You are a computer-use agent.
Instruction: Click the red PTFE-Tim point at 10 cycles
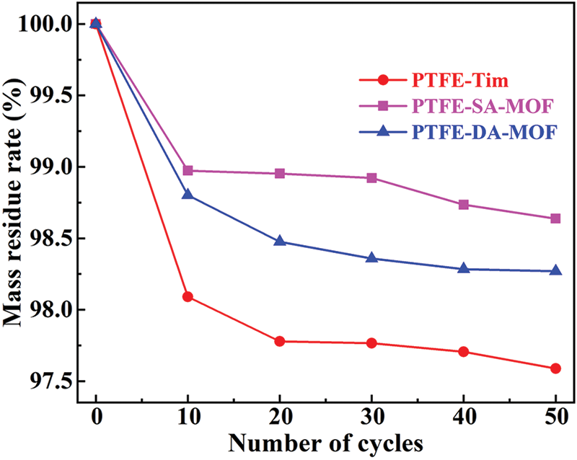point(188,296)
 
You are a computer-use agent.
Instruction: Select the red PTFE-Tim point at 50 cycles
point(555,368)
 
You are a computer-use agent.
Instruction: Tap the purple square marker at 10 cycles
point(188,171)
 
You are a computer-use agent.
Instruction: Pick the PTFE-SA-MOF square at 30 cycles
point(371,177)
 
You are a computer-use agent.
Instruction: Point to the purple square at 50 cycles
point(555,218)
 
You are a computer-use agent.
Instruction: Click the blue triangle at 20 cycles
point(280,241)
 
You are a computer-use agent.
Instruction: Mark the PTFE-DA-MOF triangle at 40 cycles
point(464,268)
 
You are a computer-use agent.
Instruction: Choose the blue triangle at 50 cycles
point(555,270)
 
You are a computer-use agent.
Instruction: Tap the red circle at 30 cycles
point(371,343)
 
